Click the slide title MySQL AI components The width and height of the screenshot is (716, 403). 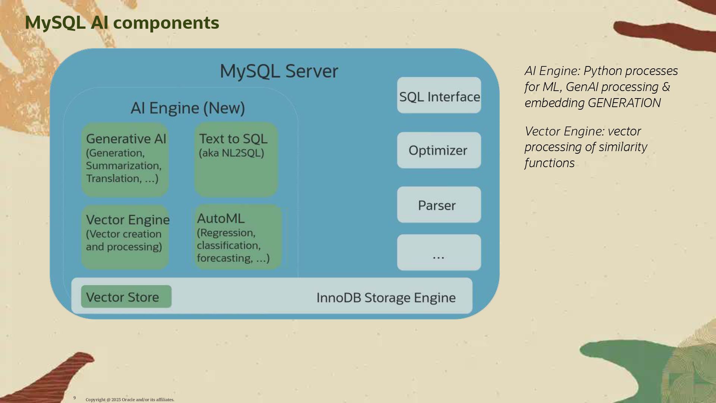click(x=122, y=23)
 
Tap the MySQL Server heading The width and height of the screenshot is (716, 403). click(x=279, y=71)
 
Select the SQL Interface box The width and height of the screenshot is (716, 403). click(x=439, y=95)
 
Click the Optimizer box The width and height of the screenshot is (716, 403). click(x=439, y=150)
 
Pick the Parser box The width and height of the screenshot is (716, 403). click(x=439, y=205)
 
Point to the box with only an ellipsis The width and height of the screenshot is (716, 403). click(x=439, y=252)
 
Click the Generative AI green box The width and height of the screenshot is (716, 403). click(x=125, y=160)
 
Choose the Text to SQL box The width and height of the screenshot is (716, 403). click(x=236, y=160)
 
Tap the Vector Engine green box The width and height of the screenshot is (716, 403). click(x=125, y=237)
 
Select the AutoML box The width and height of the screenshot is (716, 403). click(x=238, y=237)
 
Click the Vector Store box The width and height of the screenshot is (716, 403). click(x=126, y=297)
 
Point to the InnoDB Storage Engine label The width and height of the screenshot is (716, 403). click(x=386, y=298)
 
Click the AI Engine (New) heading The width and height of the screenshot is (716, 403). click(x=188, y=108)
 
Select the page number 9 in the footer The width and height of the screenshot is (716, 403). click(x=75, y=398)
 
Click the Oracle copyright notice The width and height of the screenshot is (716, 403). click(x=130, y=400)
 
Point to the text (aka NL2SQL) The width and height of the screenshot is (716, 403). click(x=231, y=153)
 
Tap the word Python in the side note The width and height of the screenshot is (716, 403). click(x=603, y=71)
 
